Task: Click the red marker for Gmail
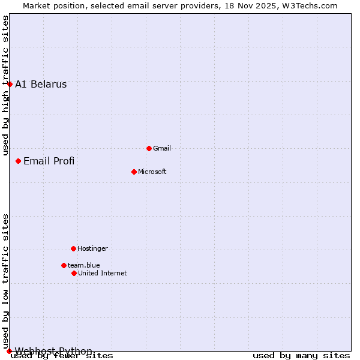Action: (x=149, y=148)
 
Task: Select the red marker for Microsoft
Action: (x=134, y=172)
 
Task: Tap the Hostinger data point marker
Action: (x=73, y=248)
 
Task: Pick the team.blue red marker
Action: (x=64, y=265)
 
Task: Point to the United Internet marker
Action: (x=74, y=273)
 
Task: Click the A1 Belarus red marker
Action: (x=10, y=84)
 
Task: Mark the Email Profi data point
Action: (x=18, y=161)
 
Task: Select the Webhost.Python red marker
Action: (x=9, y=351)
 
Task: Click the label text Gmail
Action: (x=162, y=148)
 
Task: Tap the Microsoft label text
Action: (x=152, y=172)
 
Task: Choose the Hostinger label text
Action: (x=92, y=248)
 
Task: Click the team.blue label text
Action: (x=83, y=265)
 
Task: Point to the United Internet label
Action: (x=102, y=273)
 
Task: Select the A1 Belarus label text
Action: (x=41, y=84)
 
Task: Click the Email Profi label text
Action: (x=49, y=161)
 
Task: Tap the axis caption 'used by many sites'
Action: (x=301, y=356)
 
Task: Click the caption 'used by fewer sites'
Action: (x=62, y=356)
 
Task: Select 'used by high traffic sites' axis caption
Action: (x=6, y=85)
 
